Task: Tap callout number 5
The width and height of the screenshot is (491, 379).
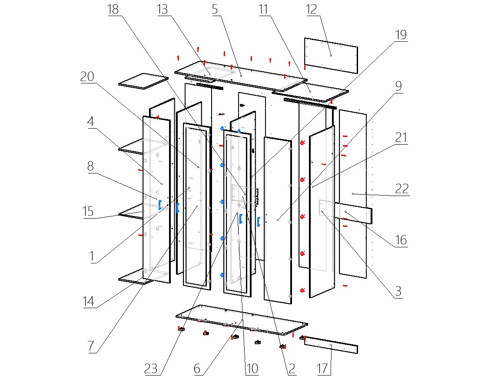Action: [x=215, y=10]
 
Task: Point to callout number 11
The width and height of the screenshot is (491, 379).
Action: [x=263, y=10]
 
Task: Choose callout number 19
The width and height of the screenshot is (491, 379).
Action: [x=401, y=35]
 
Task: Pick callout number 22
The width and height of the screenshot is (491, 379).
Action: [x=401, y=189]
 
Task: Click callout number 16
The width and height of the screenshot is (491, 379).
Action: [x=401, y=239]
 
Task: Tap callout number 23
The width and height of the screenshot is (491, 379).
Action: [x=152, y=369]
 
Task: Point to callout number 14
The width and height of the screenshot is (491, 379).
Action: [x=89, y=301]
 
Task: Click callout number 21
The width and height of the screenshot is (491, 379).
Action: [x=401, y=138]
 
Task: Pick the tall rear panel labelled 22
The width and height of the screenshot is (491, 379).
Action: [x=353, y=193]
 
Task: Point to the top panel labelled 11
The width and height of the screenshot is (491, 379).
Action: [x=310, y=93]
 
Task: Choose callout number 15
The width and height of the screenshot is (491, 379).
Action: [x=89, y=211]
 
